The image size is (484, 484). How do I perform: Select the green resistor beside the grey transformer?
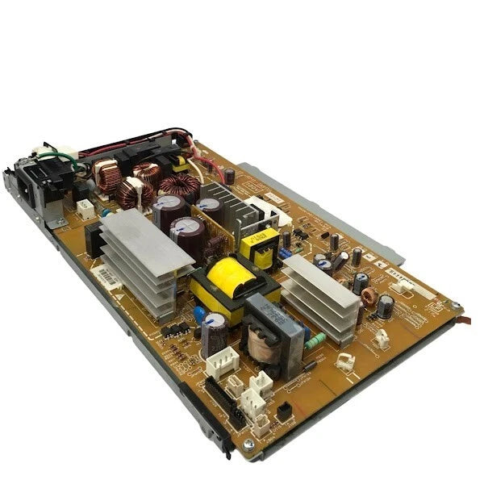click(x=316, y=339)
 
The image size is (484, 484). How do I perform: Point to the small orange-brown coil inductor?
click(x=369, y=296)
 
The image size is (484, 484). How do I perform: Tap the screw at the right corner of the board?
click(x=457, y=307)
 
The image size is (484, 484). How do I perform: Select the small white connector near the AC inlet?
click(x=85, y=208)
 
